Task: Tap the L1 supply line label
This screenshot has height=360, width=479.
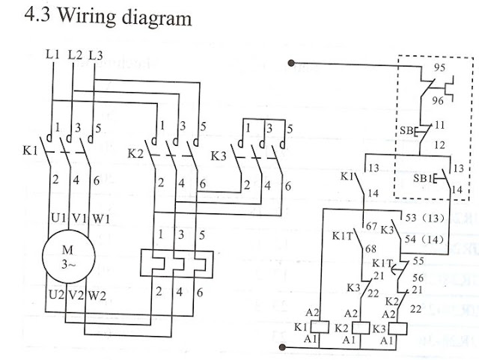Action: coord(52,55)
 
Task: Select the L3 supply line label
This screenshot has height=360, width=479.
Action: coord(96,55)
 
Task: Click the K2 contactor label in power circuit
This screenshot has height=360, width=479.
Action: coord(135,155)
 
